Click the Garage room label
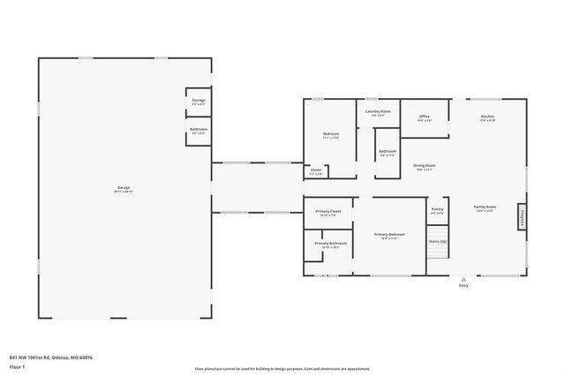tap(124, 189)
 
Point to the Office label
tap(425, 118)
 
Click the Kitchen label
tap(487, 117)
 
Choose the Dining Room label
tap(425, 167)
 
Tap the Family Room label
tap(485, 208)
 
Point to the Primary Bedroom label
tap(389, 235)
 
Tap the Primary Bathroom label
tap(329, 244)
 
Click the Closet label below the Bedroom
tap(316, 171)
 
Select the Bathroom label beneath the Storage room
tap(199, 132)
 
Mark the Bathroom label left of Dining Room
tap(388, 153)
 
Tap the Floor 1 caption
tap(18, 366)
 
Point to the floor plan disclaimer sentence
tap(282, 368)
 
